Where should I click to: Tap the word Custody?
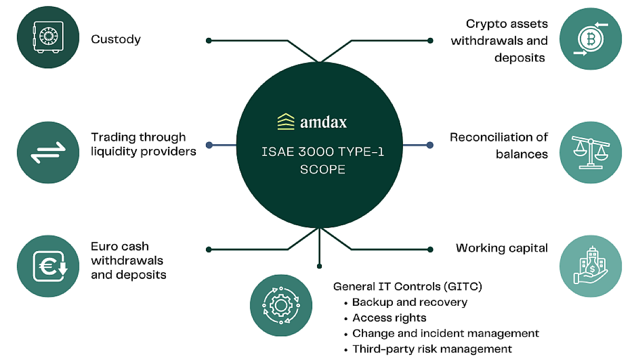click(116, 39)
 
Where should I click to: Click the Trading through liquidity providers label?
click(144, 144)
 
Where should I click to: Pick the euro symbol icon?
click(49, 266)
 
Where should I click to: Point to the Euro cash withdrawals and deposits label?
click(129, 261)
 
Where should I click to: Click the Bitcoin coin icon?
click(590, 38)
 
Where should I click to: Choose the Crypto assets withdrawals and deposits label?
click(499, 41)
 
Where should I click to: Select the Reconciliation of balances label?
click(499, 145)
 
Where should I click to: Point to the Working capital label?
click(502, 247)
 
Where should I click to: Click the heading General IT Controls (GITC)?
click(408, 287)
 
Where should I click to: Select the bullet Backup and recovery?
click(410, 303)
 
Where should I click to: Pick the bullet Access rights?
click(389, 318)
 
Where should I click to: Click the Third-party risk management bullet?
click(432, 349)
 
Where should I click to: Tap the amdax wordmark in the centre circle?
click(323, 122)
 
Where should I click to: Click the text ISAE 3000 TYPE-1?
click(322, 153)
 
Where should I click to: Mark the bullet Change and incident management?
click(446, 334)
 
